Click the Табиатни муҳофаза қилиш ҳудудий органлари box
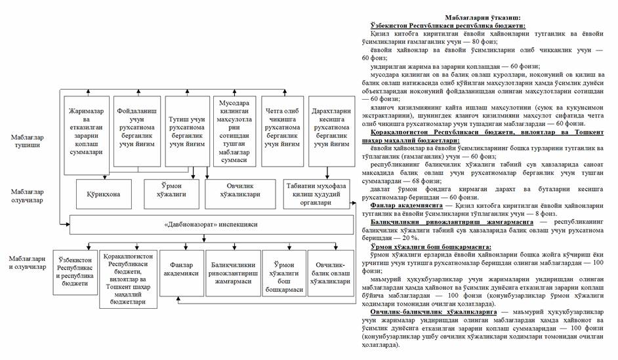click(x=317, y=193)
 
